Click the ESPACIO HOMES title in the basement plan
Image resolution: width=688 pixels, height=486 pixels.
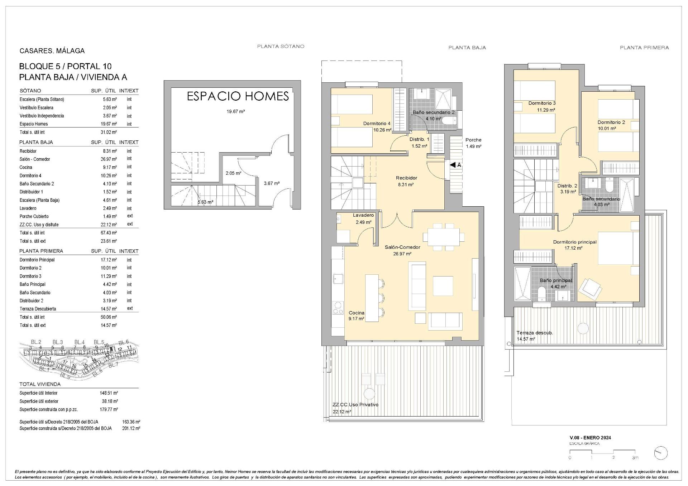238,96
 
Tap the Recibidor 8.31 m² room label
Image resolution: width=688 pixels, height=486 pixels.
406,181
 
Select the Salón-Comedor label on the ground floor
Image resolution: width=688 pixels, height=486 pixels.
402,247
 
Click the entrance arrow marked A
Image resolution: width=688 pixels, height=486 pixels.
455,165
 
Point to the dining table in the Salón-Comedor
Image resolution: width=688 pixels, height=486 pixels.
443,237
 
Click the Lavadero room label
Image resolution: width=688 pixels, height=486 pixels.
363,215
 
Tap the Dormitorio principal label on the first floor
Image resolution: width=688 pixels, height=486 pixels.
574,242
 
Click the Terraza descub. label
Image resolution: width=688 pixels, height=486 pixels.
534,333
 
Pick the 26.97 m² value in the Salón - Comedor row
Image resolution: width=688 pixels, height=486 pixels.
110,159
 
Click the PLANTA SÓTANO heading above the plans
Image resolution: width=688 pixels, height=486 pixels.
281,46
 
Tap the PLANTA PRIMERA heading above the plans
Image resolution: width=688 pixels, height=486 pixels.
644,47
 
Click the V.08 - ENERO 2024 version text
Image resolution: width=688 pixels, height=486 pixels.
590,438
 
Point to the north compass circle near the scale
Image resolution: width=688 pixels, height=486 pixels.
660,453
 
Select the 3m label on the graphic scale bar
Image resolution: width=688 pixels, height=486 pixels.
635,458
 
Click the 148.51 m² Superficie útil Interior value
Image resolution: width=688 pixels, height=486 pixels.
109,393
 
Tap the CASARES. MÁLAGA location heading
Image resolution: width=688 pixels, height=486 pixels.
52,51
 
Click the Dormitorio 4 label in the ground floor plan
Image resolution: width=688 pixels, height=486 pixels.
377,124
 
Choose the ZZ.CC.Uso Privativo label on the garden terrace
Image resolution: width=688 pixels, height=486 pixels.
355,405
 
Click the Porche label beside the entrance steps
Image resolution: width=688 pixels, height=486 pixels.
473,140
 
